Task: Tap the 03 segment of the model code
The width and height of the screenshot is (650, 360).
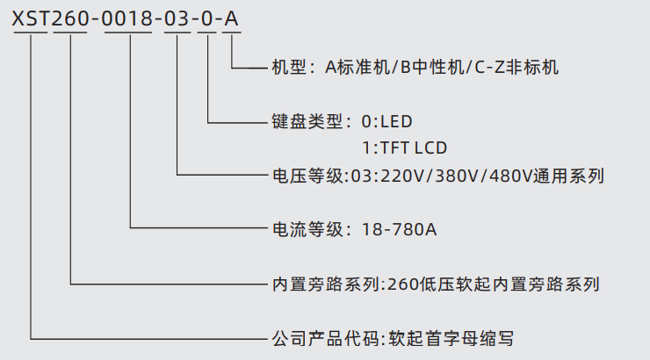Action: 177,18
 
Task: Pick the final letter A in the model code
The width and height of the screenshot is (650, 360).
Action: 231,18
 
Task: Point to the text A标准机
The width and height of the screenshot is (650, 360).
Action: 356,67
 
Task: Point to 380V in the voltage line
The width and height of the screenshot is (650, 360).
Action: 463,176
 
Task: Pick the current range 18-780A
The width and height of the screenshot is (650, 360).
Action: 400,230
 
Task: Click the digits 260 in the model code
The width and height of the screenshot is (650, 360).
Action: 70,18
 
